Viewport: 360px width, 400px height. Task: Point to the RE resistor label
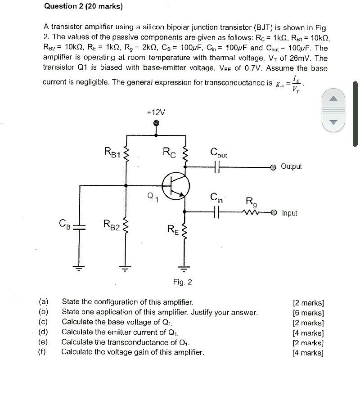173,230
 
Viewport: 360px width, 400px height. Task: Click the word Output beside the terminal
291,166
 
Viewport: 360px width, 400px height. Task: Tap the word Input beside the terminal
290,213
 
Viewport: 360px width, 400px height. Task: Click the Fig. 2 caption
182,282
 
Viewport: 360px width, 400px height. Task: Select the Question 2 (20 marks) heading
84,6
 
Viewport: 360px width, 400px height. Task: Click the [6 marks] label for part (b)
308,313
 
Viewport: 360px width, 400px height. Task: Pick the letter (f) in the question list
43,352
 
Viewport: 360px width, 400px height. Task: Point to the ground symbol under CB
80,268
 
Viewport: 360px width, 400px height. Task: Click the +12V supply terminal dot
157,123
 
